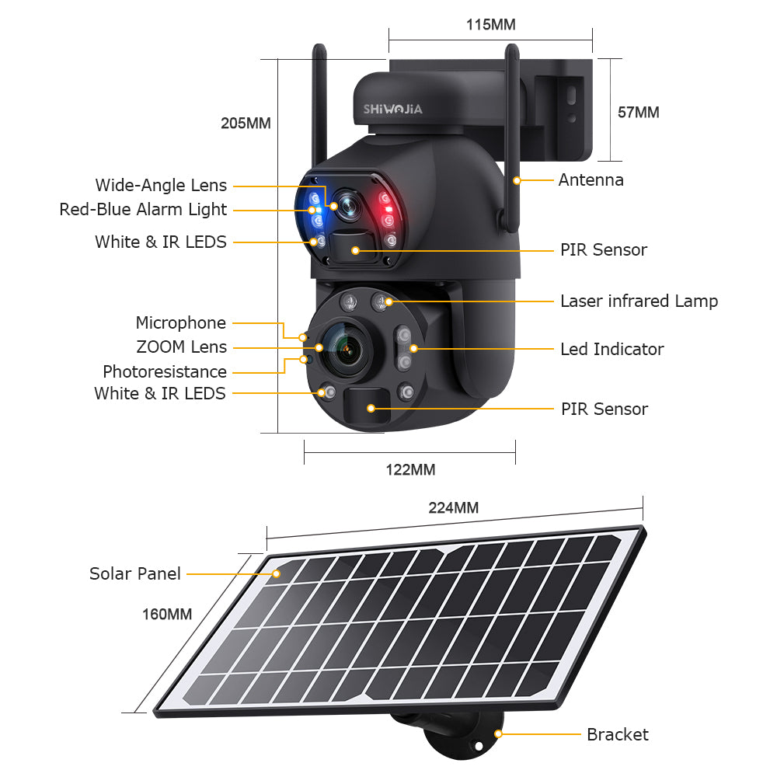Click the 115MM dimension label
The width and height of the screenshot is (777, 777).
point(490,24)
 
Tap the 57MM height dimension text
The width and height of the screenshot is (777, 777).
point(638,113)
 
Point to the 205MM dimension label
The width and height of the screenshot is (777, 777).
point(246,123)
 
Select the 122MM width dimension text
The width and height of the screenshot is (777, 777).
point(410,469)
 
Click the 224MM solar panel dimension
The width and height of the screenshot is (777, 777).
point(453,507)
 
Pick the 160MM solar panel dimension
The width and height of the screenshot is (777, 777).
point(166,614)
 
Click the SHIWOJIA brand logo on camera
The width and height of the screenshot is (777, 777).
point(393,109)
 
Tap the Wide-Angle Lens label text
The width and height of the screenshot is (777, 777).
point(161,185)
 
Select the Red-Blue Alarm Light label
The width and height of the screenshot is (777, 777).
point(143,209)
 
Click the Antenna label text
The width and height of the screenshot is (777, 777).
point(591,180)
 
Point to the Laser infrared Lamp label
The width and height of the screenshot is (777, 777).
point(639,301)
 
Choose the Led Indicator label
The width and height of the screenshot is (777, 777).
point(611,349)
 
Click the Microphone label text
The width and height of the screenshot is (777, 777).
point(180,322)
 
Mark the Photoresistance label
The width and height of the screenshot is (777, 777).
point(165,371)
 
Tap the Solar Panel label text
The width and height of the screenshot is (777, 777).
point(134,573)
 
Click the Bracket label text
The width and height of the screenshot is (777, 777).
point(617,734)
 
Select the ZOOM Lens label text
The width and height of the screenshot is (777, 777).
point(181,347)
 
